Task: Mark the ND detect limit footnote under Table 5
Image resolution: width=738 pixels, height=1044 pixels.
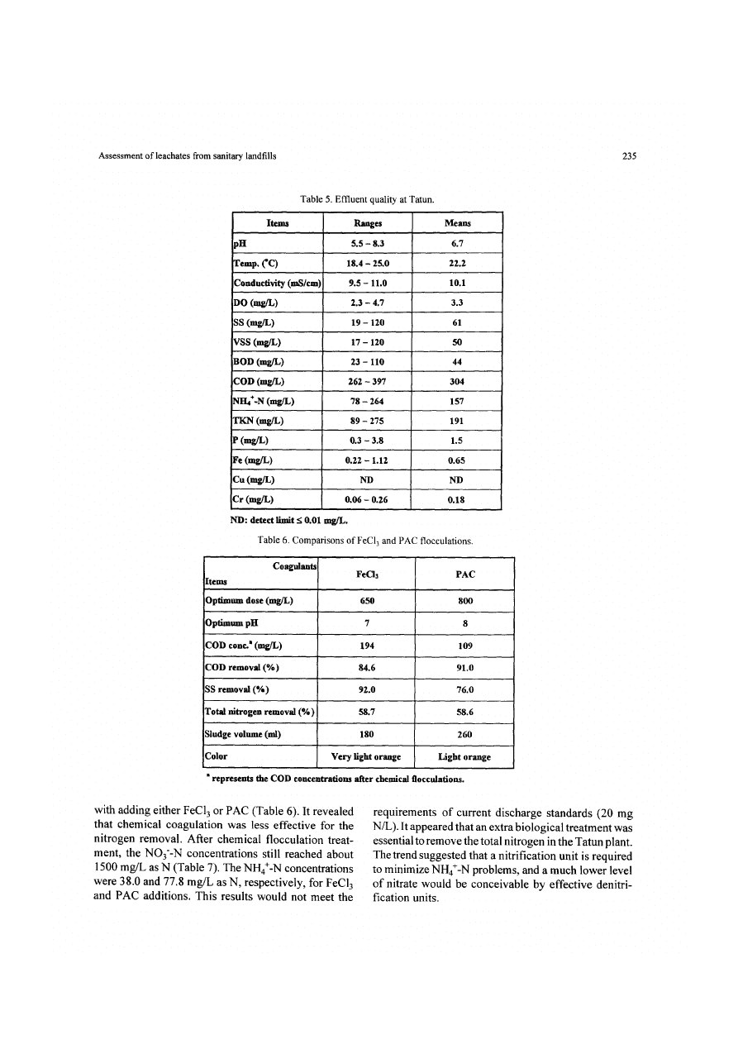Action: tap(289, 521)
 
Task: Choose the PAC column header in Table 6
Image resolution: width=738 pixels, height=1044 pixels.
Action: tap(464, 572)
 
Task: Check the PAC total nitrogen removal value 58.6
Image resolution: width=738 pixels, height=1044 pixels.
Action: tap(464, 711)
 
